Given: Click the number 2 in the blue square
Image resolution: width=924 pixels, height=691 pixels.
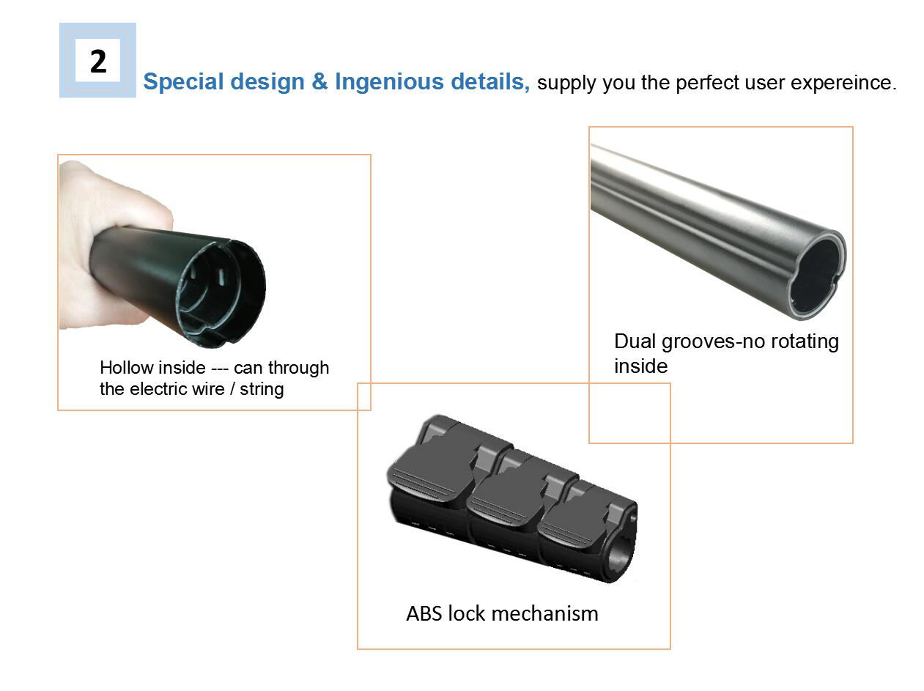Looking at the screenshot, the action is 98,62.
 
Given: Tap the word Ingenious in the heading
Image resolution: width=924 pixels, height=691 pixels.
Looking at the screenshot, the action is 389,81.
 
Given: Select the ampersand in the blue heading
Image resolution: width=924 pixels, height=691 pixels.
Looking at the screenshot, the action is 319,81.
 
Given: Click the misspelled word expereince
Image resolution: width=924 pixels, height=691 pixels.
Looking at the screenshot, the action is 843,83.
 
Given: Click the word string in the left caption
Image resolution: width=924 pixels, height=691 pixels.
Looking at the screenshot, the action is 262,390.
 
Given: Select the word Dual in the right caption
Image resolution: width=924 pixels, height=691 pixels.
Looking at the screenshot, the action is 635,341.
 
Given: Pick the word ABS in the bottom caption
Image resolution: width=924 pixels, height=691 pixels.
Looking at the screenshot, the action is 424,614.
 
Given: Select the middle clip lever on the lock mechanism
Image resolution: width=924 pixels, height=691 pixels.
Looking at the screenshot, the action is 507,503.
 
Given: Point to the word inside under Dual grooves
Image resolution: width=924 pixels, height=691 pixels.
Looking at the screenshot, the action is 640,366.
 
